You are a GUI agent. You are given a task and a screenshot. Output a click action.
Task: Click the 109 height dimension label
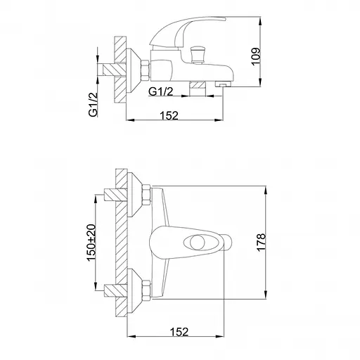(256, 56)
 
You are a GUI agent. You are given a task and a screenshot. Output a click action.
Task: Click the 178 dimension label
(262, 243)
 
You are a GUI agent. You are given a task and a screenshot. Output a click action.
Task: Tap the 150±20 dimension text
(91, 243)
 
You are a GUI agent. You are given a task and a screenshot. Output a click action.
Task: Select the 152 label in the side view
(169, 115)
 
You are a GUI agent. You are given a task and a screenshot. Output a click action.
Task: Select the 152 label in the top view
(179, 332)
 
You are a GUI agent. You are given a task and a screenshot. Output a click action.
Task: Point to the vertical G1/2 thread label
(93, 105)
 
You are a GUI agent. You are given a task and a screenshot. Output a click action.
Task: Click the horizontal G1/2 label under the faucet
(161, 91)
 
